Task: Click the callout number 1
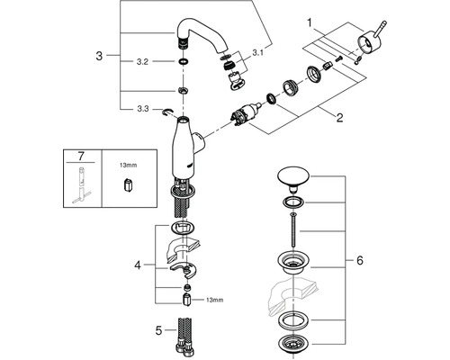coord(310,22)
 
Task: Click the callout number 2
coord(339,117)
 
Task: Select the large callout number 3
coord(99,56)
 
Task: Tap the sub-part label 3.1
coord(257,53)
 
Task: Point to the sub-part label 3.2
coord(142,62)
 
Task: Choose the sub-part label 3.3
coord(142,109)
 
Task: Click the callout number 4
coord(138,265)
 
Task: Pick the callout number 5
coord(158,330)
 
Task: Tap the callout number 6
coord(360,260)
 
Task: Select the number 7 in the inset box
coord(81,156)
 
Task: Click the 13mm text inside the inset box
coord(128,165)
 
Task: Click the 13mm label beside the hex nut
coord(214,300)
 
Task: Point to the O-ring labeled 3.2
coord(182,62)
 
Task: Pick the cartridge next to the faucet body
coord(247,114)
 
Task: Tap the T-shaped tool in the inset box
coord(81,185)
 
